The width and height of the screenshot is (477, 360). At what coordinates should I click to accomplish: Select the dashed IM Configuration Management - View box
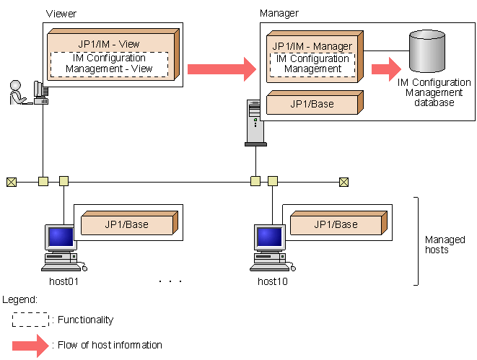point(110,63)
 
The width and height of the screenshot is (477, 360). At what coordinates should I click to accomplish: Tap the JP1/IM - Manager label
point(313,46)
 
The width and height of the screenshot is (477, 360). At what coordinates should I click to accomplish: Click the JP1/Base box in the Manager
point(312,104)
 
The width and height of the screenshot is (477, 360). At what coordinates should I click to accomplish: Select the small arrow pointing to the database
point(385,69)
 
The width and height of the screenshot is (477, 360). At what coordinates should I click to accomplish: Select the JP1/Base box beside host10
point(335,224)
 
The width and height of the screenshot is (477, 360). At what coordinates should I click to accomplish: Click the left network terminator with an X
point(11,182)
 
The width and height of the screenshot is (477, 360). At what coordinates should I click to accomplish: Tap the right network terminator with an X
point(344,182)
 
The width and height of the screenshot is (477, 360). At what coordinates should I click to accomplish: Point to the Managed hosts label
point(445,245)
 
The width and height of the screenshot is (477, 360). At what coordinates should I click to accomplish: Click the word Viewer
point(61,14)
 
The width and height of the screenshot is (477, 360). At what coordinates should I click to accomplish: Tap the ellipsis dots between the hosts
point(170,281)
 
